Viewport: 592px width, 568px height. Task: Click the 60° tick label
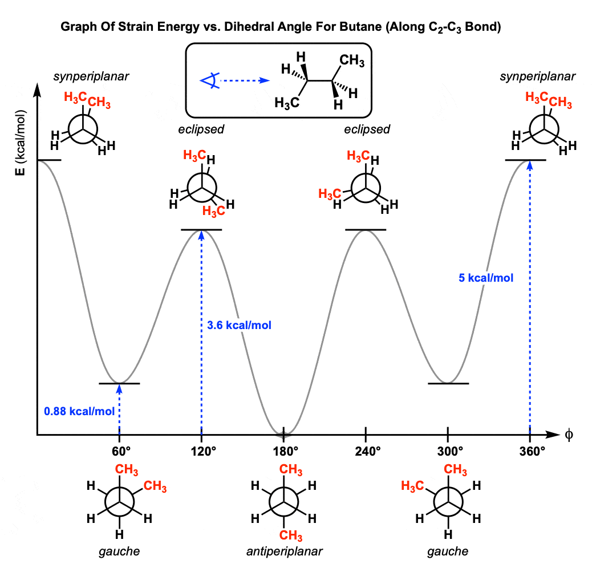121,452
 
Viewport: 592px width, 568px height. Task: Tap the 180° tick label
285,452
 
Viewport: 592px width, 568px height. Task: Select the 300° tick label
450,452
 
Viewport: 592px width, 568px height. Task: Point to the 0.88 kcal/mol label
79,411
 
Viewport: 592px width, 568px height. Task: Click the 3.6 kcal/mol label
239,325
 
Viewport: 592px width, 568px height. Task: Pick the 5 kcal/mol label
486,278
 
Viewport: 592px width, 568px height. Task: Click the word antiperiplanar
284,551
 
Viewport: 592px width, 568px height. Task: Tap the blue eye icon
210,80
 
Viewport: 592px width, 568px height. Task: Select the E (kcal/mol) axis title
20,143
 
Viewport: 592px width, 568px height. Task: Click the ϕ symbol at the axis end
569,435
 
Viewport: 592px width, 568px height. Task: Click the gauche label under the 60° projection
119,552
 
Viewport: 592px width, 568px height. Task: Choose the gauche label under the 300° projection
448,552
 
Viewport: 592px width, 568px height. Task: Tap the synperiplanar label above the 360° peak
538,76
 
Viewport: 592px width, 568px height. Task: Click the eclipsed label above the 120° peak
201,129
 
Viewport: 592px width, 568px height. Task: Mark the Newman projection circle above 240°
366,188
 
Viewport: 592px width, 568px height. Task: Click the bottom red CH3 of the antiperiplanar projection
291,535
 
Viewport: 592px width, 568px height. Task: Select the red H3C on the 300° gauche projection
412,486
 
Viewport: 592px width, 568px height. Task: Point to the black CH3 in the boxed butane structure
352,60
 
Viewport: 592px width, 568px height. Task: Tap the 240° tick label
368,452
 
